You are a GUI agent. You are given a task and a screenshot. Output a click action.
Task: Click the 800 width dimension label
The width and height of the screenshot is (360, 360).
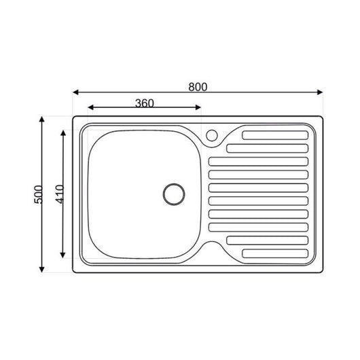pyautogui.click(x=198, y=87)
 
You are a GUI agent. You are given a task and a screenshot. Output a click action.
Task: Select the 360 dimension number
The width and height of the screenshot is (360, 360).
pyautogui.click(x=144, y=103)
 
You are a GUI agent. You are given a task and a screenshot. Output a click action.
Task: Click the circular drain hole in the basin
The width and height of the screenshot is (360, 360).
pyautogui.click(x=174, y=193)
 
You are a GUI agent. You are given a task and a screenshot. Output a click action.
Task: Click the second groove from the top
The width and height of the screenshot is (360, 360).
pyautogui.click(x=269, y=147)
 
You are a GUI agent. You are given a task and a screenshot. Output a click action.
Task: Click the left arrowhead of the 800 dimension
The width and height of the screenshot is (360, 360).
pyautogui.click(x=75, y=92)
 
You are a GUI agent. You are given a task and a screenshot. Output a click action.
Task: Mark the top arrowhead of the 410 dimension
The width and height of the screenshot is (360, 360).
pyautogui.click(x=64, y=133)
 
